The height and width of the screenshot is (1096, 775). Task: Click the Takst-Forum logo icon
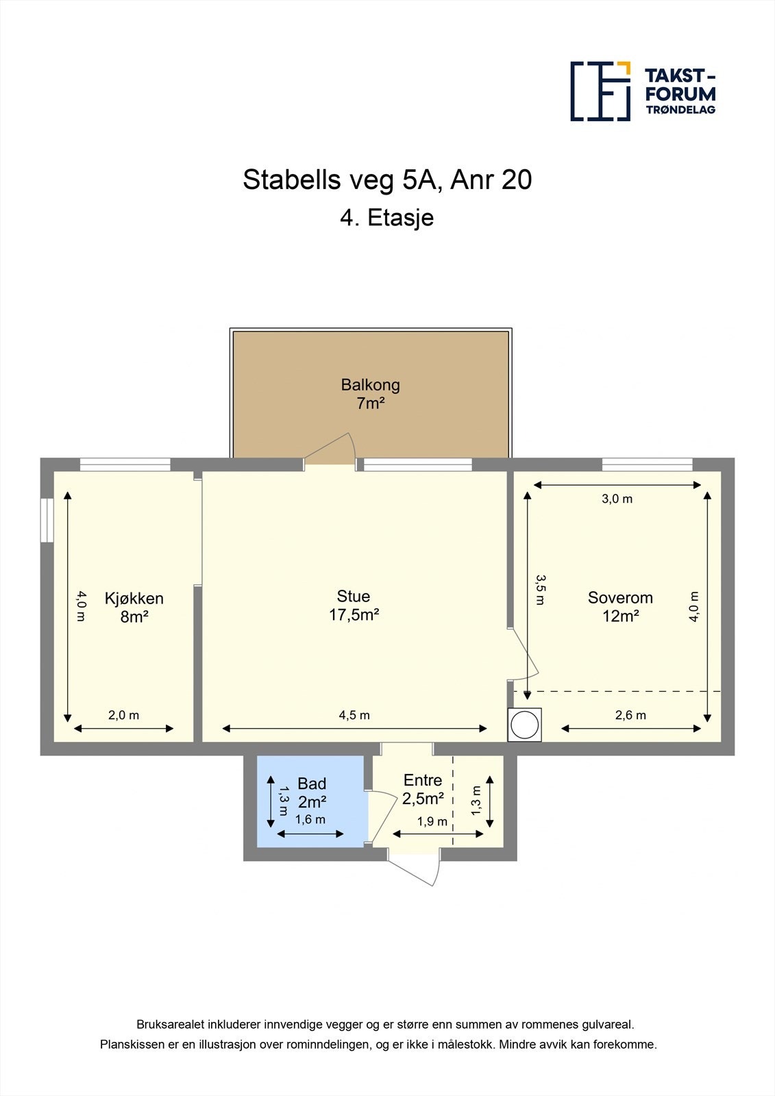click(x=600, y=91)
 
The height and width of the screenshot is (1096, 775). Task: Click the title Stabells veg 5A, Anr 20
click(x=387, y=180)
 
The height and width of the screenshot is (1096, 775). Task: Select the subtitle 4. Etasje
click(x=387, y=218)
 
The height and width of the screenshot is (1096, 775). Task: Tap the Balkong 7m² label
click(x=370, y=394)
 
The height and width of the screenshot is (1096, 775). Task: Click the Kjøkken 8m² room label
click(x=134, y=607)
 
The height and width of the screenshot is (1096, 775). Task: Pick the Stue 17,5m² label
click(x=354, y=606)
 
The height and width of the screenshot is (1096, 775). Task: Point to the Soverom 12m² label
click(x=620, y=606)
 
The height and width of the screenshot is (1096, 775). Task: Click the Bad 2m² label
click(x=312, y=793)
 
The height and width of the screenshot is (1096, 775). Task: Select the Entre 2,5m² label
click(x=423, y=789)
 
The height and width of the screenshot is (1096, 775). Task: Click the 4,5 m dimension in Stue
click(x=354, y=715)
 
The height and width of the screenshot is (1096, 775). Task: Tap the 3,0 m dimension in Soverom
click(x=617, y=499)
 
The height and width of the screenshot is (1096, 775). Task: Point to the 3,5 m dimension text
click(x=540, y=590)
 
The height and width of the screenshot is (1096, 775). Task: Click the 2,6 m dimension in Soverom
click(x=630, y=715)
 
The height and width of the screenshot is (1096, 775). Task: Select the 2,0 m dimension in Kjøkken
click(x=123, y=715)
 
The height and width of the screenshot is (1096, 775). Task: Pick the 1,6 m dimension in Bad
click(x=310, y=819)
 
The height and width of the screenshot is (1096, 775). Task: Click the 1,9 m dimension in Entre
click(x=432, y=821)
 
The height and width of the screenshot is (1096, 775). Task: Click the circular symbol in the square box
click(x=525, y=725)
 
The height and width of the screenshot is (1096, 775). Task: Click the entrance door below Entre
click(x=415, y=869)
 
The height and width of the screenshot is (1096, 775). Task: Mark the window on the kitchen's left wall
click(x=47, y=520)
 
